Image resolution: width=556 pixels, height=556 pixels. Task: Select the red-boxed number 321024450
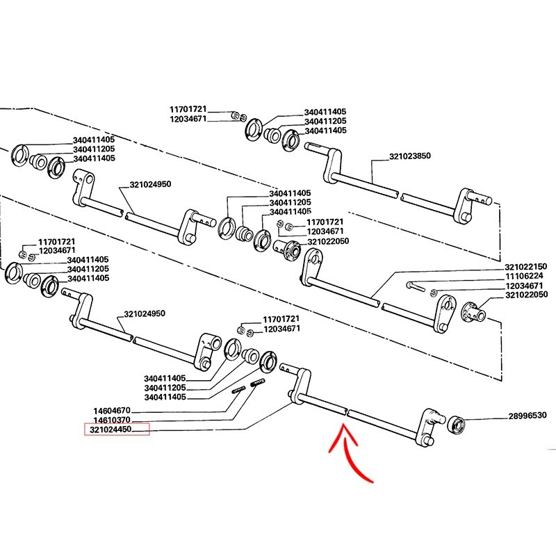tap(116, 431)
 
